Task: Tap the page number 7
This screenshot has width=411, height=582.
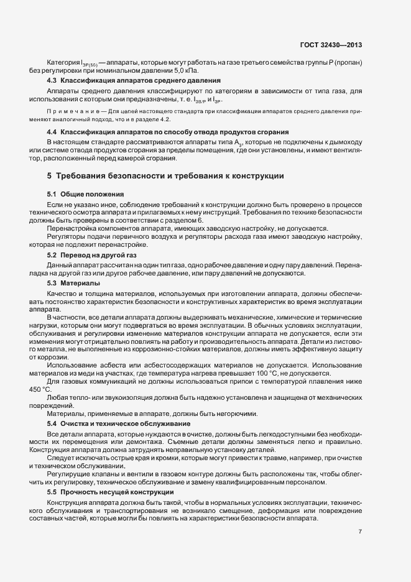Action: pyautogui.click(x=361, y=532)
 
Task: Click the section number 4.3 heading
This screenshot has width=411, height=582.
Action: pyautogui.click(x=52, y=81)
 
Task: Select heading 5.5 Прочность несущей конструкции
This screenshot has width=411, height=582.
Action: pyautogui.click(x=111, y=474)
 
